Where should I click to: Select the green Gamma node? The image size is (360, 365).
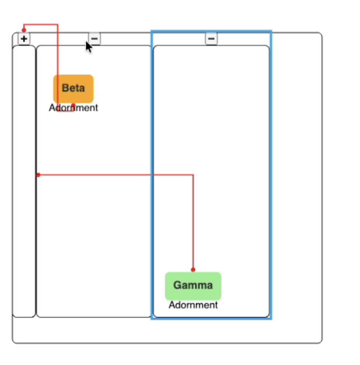click(x=193, y=286)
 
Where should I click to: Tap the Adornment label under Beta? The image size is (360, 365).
click(x=73, y=108)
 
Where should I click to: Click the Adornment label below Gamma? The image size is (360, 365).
click(x=193, y=305)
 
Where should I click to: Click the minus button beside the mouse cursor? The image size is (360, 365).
click(x=94, y=38)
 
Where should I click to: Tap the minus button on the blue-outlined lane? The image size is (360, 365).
click(x=211, y=38)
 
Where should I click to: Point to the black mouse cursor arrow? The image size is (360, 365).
click(x=88, y=47)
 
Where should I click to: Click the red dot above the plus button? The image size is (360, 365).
click(x=24, y=30)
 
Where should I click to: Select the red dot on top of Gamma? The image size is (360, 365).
click(x=193, y=270)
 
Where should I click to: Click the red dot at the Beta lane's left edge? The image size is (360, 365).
click(x=38, y=175)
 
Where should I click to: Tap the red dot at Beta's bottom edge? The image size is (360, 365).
click(x=74, y=105)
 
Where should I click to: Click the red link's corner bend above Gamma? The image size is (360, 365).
click(x=193, y=175)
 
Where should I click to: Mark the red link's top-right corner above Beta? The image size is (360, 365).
click(x=58, y=25)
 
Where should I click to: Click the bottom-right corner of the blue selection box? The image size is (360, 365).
click(x=271, y=319)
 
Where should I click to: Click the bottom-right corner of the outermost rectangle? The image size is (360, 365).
click(x=322, y=343)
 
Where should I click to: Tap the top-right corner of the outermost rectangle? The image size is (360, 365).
click(x=322, y=33)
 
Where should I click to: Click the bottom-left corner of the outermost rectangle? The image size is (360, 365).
click(x=13, y=343)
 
